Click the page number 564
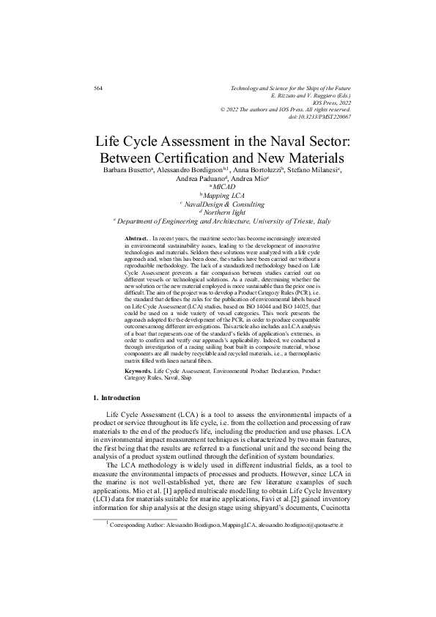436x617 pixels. click(98, 88)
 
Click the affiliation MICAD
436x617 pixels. click(222, 188)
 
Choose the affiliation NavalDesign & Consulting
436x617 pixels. click(222, 204)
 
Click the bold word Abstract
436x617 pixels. click(137, 240)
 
